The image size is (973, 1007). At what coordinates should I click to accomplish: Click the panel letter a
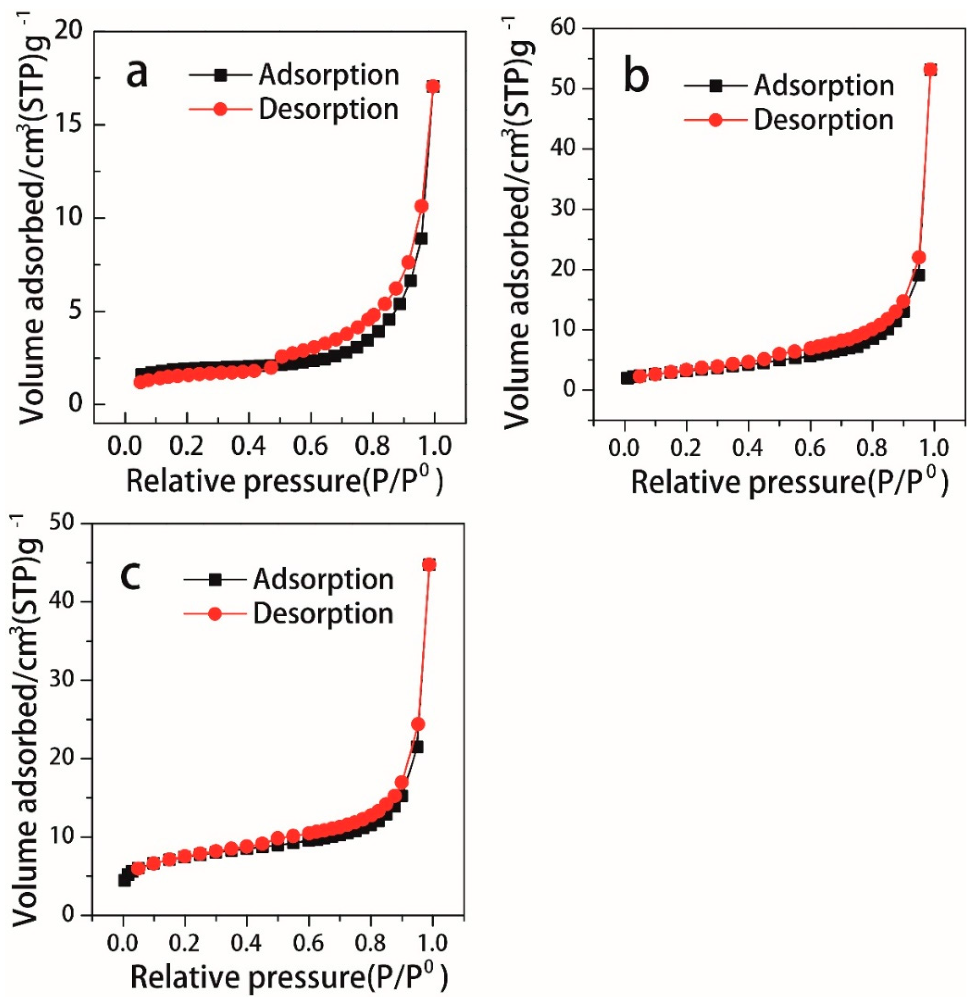[x=137, y=73]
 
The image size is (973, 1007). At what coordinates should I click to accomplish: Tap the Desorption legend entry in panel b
[x=824, y=119]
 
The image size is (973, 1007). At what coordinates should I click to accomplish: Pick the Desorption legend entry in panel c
[x=323, y=614]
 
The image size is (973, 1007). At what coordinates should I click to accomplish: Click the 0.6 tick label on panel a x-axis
[x=310, y=446]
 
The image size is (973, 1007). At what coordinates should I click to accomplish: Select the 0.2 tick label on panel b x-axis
[x=687, y=448]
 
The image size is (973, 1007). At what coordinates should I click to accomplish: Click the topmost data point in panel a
[x=433, y=86]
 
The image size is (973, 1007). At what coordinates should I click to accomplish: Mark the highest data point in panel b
[x=930, y=69]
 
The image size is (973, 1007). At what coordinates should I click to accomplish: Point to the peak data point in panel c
[x=429, y=565]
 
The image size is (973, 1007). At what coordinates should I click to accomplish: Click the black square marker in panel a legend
[x=221, y=75]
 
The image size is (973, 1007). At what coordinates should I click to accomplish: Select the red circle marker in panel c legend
[x=215, y=614]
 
